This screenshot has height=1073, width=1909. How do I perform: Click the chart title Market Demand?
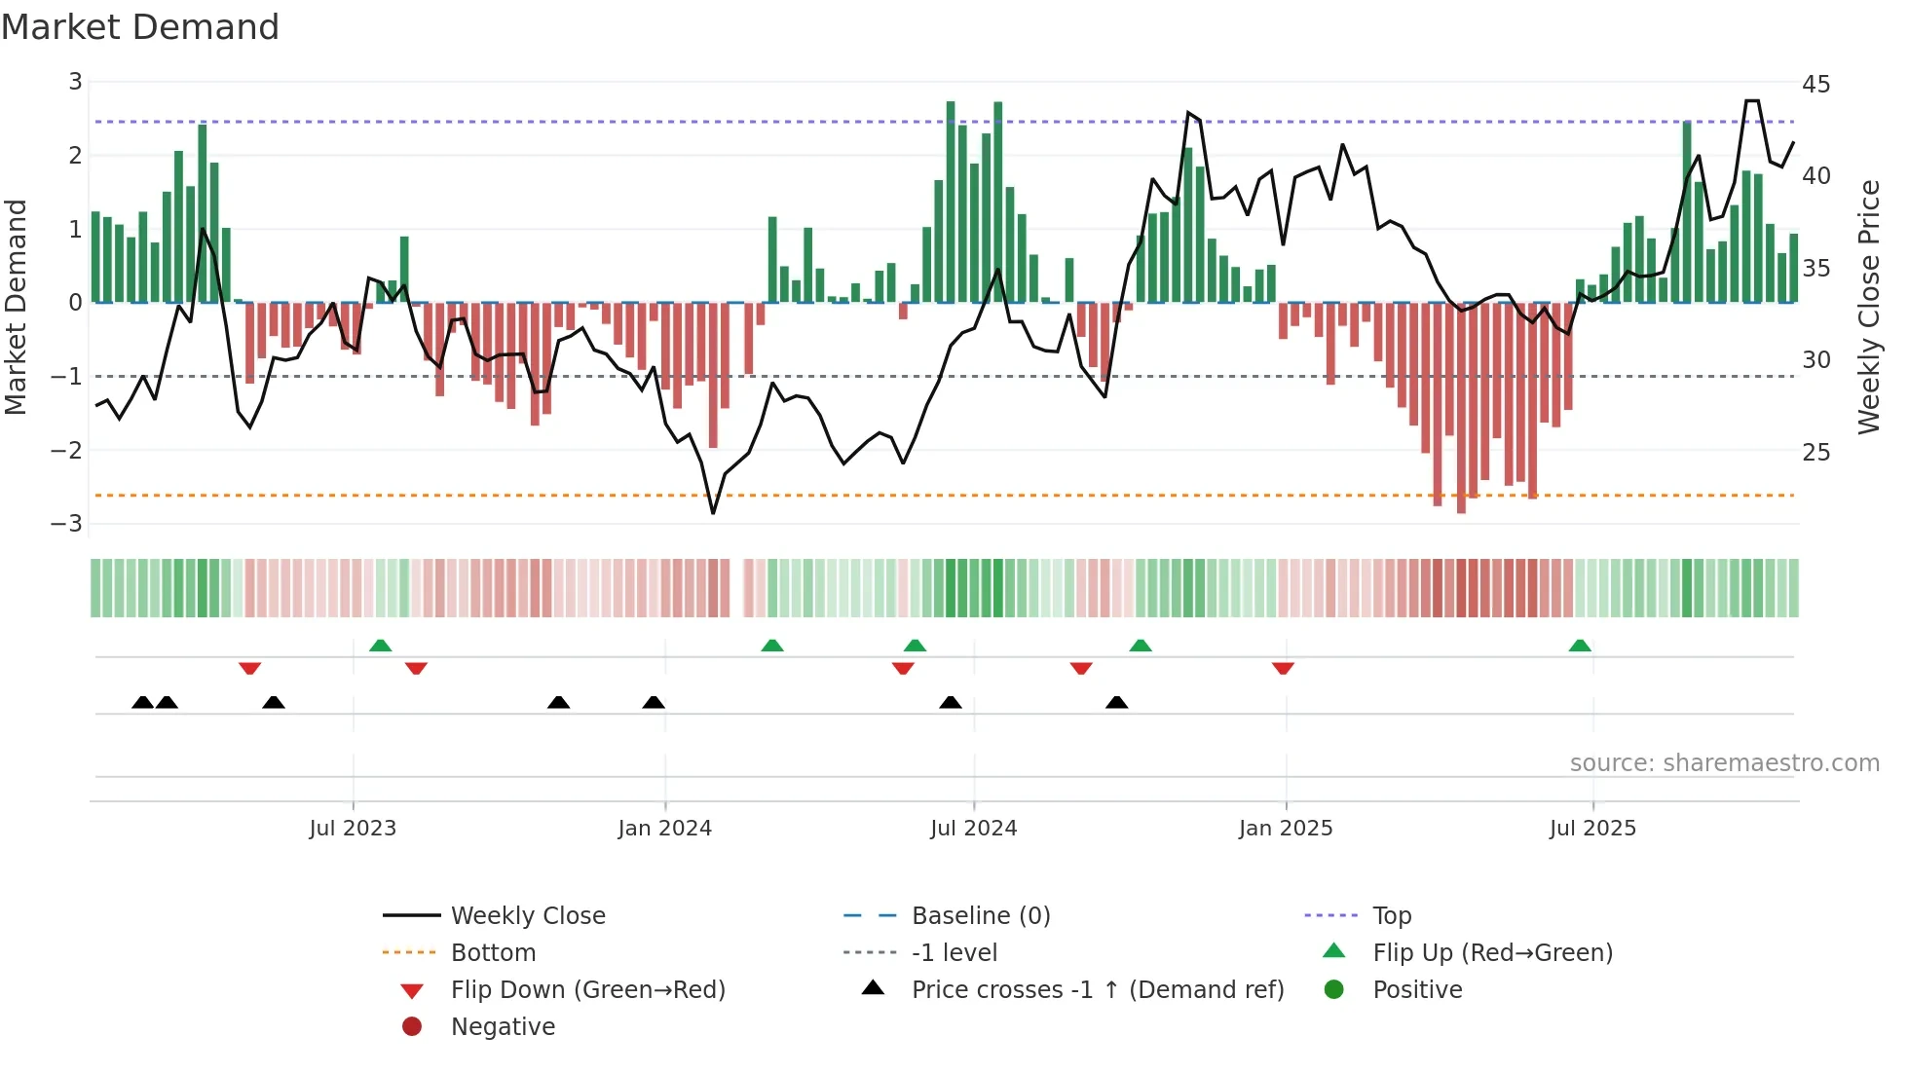pyautogui.click(x=140, y=27)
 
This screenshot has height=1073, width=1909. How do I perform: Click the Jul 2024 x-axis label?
pyautogui.click(x=973, y=829)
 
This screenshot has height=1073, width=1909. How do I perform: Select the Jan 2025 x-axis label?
pyautogui.click(x=1285, y=829)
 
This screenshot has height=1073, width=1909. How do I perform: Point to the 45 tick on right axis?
pyautogui.click(x=1815, y=85)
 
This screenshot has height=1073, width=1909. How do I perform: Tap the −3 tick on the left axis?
pyautogui.click(x=67, y=524)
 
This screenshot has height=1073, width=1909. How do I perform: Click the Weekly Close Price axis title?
pyautogui.click(x=1868, y=307)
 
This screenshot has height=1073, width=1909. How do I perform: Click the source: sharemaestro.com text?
pyautogui.click(x=1724, y=763)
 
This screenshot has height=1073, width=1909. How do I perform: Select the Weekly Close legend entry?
pyautogui.click(x=527, y=916)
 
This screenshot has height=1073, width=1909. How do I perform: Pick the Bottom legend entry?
pyautogui.click(x=493, y=953)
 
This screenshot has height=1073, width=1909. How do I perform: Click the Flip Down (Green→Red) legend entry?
pyautogui.click(x=587, y=990)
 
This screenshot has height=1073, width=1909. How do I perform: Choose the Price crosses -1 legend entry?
pyautogui.click(x=1097, y=990)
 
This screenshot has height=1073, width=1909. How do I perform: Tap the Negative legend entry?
pyautogui.click(x=503, y=1027)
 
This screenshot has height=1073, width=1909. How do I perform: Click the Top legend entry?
pyautogui.click(x=1391, y=916)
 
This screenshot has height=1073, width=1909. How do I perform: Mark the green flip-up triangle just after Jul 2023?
pyautogui.click(x=381, y=646)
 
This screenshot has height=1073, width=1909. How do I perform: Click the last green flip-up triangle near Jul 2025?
pyautogui.click(x=1580, y=646)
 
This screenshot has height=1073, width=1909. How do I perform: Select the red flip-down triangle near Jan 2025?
pyautogui.click(x=1283, y=668)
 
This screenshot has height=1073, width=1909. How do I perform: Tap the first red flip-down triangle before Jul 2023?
pyautogui.click(x=249, y=668)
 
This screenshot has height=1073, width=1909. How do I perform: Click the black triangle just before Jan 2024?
pyautogui.click(x=654, y=702)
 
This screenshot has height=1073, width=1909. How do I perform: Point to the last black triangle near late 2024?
pyautogui.click(x=1117, y=702)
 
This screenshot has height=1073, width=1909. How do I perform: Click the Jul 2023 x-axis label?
pyautogui.click(x=353, y=829)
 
